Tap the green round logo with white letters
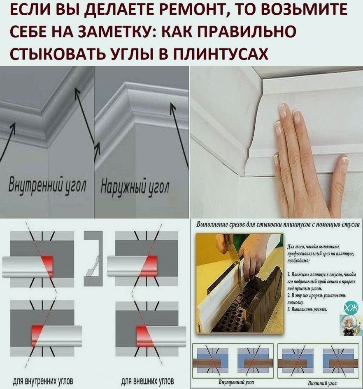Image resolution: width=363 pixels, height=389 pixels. point(353,307)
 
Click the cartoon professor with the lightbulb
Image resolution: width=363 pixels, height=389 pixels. point(350,325)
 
